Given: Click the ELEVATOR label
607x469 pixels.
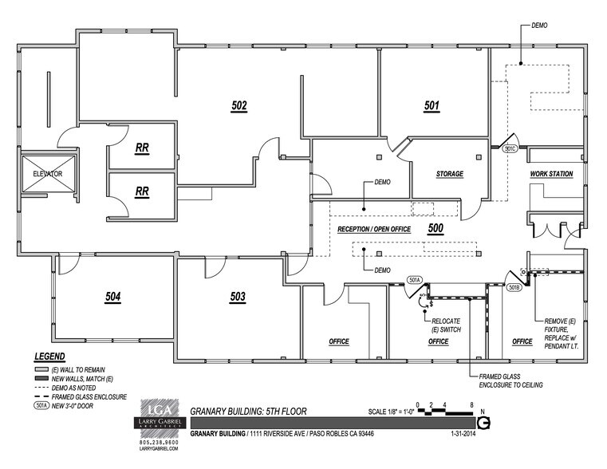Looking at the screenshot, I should point(47,172).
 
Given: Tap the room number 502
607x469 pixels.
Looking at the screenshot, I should point(239,105).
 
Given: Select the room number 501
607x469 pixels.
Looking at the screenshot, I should point(432,105).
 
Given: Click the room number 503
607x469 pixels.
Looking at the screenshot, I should point(237,297).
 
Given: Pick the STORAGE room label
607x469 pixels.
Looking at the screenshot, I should point(449,174).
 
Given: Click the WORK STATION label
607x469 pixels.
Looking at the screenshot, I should point(551,174).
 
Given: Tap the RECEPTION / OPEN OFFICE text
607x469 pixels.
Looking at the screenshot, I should point(374,229).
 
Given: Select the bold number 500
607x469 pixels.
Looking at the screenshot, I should point(436,228).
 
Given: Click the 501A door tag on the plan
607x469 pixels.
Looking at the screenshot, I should point(415,280).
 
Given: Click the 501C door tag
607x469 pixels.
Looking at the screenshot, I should point(510,148).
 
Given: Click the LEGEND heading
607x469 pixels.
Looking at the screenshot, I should point(49,356).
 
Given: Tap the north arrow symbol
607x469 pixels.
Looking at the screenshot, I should point(483,424).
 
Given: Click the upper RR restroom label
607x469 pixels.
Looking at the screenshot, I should point(142,148).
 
